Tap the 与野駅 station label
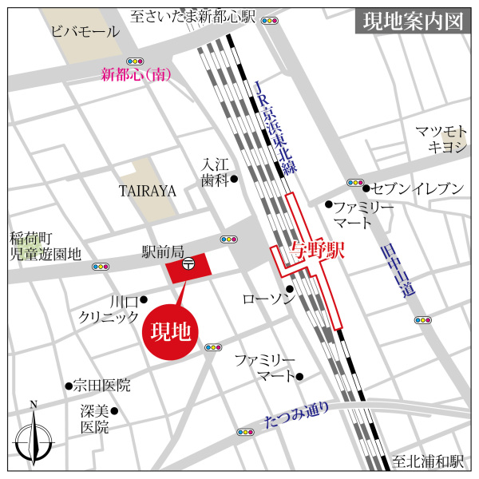[316, 250]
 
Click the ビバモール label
[84, 32]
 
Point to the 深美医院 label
[93, 419]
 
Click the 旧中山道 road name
[397, 271]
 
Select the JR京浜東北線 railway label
[273, 128]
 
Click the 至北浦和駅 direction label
[428, 461]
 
